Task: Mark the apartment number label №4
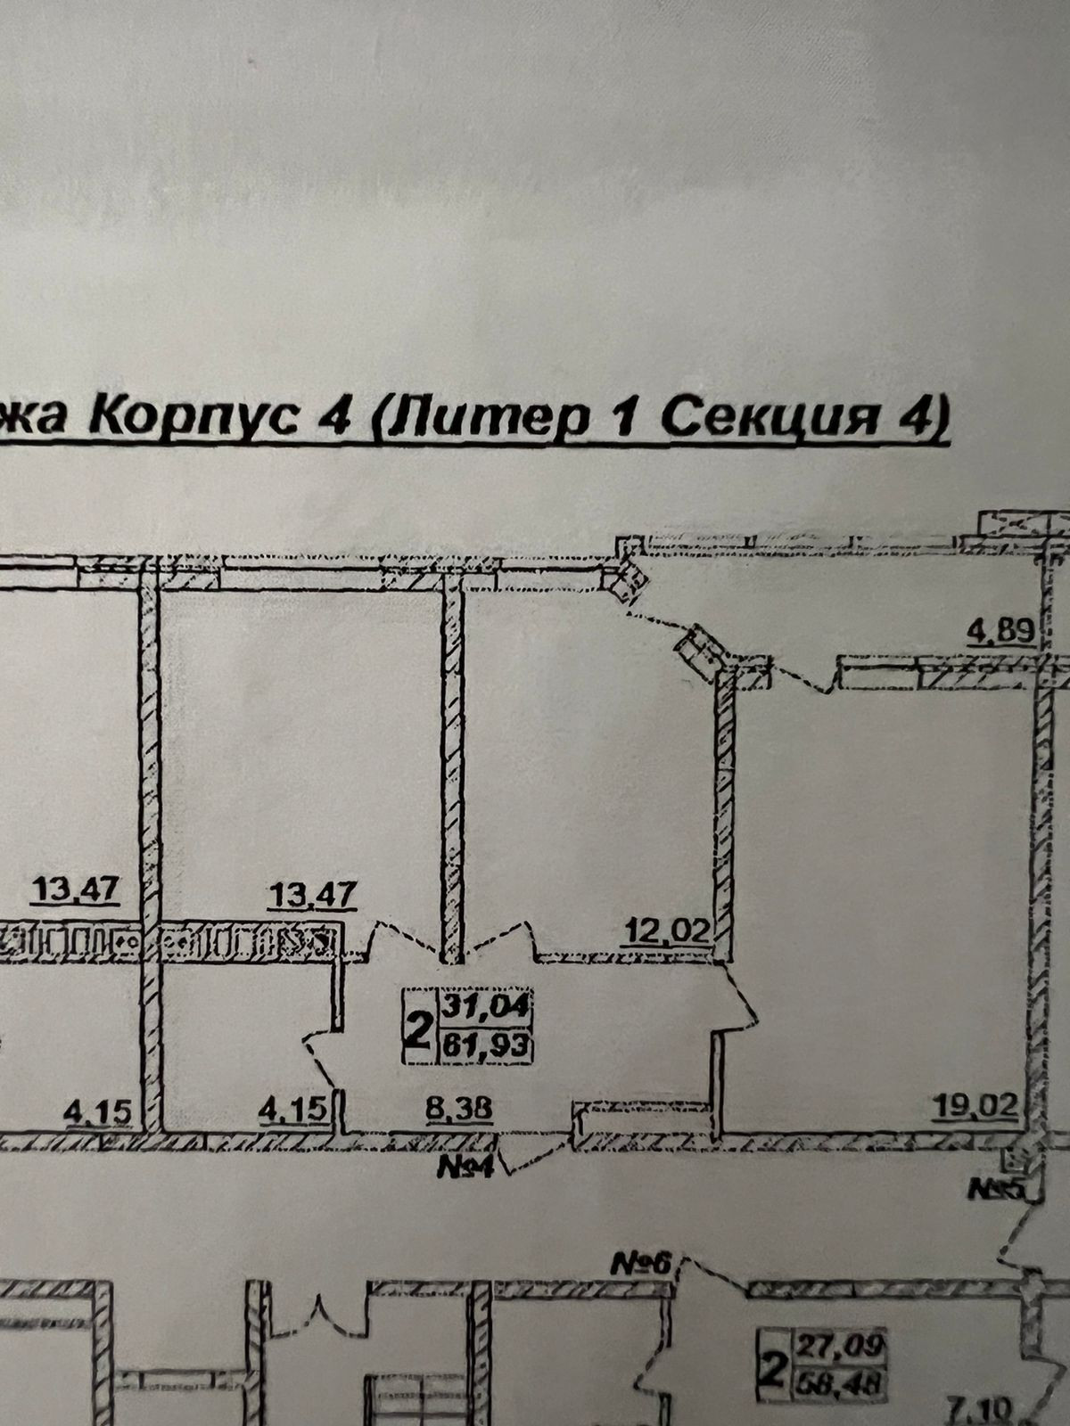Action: pyautogui.click(x=465, y=1167)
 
